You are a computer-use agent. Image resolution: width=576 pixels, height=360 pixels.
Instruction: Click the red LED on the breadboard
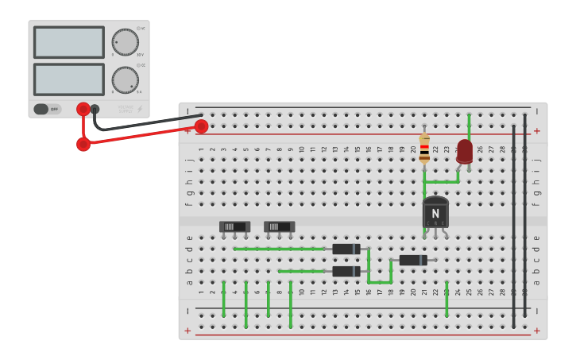click(465, 151)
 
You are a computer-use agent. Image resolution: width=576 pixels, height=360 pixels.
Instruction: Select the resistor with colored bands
click(424, 149)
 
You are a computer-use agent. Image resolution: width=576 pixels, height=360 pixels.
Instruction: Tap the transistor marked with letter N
click(435, 212)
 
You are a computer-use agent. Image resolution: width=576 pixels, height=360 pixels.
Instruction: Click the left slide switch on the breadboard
click(234, 226)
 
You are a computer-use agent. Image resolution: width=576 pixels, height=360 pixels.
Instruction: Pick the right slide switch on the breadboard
click(279, 226)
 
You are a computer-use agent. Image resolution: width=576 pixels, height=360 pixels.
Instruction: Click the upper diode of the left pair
click(346, 249)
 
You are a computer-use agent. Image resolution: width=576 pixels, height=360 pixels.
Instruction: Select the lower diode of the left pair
click(346, 271)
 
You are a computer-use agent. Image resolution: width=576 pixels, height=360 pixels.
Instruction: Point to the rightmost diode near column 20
click(413, 260)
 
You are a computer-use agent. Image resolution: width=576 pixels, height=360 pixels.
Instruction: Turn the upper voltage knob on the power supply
click(125, 41)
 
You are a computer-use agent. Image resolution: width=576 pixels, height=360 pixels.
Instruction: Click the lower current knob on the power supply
click(125, 79)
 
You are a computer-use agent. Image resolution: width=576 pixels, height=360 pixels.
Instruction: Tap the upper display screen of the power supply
click(69, 42)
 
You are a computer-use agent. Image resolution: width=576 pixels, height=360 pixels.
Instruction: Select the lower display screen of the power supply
click(69, 79)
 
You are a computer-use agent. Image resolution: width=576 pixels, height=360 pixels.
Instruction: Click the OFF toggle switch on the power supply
click(47, 109)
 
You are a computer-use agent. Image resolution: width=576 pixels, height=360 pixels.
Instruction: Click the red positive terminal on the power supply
click(83, 109)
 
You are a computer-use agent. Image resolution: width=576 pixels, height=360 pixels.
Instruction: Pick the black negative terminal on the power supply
click(95, 109)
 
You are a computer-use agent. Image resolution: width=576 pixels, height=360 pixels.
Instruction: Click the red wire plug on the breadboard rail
click(201, 126)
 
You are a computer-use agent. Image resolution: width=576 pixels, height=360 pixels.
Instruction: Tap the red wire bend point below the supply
click(83, 144)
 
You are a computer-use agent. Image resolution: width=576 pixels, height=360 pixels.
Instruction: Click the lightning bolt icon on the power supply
click(140, 109)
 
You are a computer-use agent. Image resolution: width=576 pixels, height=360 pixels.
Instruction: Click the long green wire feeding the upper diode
click(278, 249)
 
